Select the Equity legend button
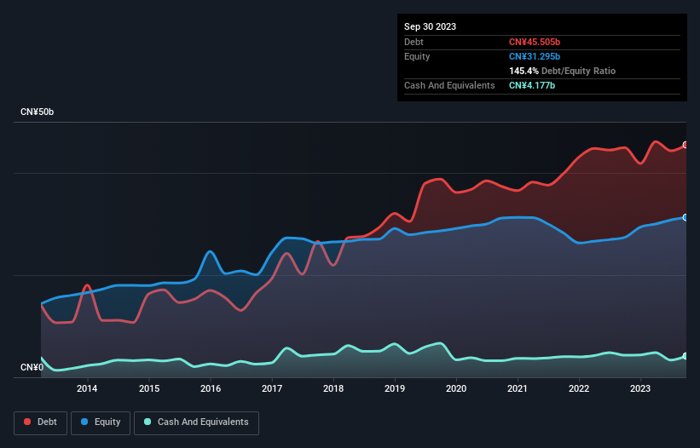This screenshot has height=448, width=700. [101, 422]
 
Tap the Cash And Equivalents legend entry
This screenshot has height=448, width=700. [196, 422]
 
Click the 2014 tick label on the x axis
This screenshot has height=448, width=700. [87, 389]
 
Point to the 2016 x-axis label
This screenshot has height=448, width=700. [211, 389]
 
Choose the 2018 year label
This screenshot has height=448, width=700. [333, 389]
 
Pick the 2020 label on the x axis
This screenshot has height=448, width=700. [456, 389]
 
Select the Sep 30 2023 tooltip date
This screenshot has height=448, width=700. [430, 26]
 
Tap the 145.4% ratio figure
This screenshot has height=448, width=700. [524, 71]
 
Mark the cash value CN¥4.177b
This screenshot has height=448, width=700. [532, 85]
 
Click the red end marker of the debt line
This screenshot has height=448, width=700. [685, 145]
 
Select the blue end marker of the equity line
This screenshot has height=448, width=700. [685, 217]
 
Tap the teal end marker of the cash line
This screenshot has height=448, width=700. [685, 356]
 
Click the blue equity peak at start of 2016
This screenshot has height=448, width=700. [211, 251]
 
